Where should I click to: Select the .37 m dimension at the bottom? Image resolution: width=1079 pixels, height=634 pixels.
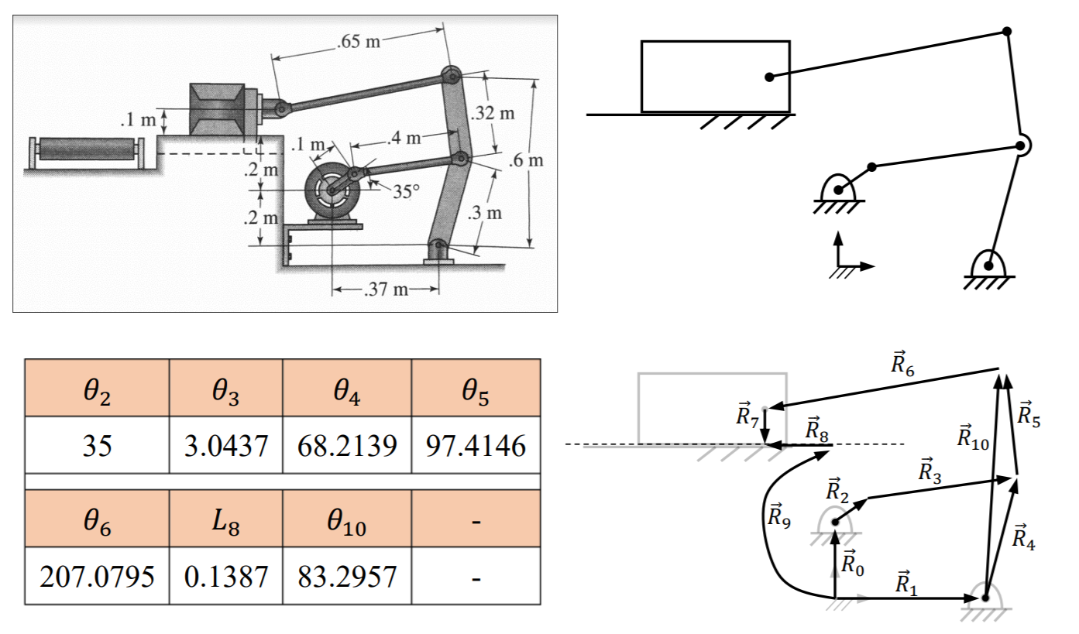(385, 290)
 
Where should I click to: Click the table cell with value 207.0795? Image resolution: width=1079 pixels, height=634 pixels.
(97, 576)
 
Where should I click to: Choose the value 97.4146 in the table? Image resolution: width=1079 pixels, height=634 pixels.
(476, 445)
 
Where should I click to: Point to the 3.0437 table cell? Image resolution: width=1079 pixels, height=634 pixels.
(226, 445)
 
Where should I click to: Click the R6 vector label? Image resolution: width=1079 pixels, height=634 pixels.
(902, 364)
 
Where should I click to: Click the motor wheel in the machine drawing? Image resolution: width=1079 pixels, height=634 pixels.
(332, 189)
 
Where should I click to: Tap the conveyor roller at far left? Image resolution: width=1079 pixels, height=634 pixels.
(87, 149)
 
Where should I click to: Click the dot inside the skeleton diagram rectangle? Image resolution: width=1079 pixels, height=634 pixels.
(768, 77)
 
